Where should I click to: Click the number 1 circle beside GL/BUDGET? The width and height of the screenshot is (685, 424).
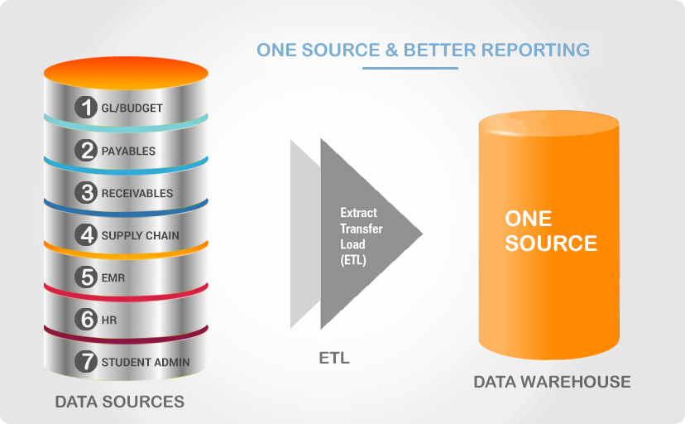pos(86,107)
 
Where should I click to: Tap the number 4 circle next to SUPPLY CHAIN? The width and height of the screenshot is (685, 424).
pos(86,234)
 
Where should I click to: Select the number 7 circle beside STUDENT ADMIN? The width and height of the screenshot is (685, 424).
pos(86,362)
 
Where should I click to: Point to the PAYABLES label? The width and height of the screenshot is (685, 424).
pos(128,152)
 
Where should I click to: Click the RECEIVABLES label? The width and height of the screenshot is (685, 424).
pos(137,193)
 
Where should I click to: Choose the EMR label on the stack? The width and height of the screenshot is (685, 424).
pos(113,278)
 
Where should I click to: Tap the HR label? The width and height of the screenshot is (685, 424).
pos(109,320)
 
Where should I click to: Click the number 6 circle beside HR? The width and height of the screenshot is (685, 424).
pos(86,319)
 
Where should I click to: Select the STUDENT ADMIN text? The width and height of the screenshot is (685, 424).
pos(146,363)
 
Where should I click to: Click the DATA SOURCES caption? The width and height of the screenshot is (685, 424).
pos(120,402)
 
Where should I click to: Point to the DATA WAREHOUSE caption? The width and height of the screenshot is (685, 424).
pos(552,382)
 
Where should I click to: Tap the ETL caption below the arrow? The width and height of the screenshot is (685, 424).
pos(334,358)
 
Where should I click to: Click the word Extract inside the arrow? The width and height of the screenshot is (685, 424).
pos(359,213)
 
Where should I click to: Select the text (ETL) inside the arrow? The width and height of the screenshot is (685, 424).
pos(353,260)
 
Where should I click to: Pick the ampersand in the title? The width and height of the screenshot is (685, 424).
pos(392,50)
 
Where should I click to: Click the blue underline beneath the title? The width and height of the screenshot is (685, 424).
pos(410,68)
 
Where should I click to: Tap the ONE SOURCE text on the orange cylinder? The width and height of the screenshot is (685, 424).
pos(551,231)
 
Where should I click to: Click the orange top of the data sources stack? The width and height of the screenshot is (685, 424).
pos(126,73)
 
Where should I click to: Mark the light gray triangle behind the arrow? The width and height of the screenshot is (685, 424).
pos(305,234)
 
